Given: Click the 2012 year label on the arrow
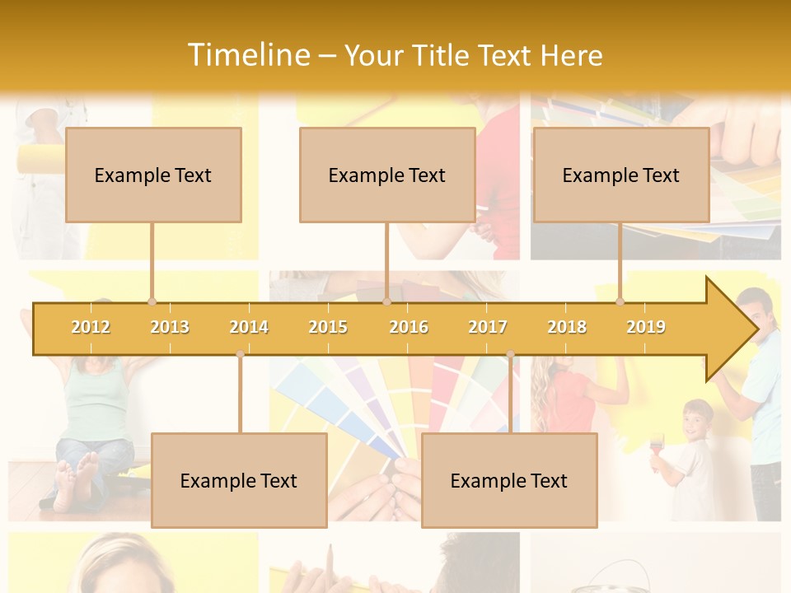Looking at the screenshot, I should [91, 327].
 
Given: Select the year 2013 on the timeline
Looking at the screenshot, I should [170, 327].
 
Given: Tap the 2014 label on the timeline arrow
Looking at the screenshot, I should [249, 327].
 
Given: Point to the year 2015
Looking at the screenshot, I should [328, 327].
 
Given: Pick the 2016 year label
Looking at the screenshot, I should [409, 327].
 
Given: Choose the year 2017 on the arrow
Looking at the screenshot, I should [488, 327].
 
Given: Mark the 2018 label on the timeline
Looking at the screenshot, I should [567, 327].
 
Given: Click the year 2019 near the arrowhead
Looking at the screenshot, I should [646, 327].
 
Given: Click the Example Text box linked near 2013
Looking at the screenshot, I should [153, 175].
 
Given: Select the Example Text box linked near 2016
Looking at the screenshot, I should [387, 175].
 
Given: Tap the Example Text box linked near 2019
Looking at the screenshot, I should [621, 175].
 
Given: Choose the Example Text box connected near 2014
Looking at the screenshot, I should [239, 480].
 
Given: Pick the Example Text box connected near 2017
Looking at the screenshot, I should [509, 480].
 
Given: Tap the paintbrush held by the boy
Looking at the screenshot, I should [656, 450].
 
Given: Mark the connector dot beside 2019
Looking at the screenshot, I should [620, 301].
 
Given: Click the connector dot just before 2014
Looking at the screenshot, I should [240, 354].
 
